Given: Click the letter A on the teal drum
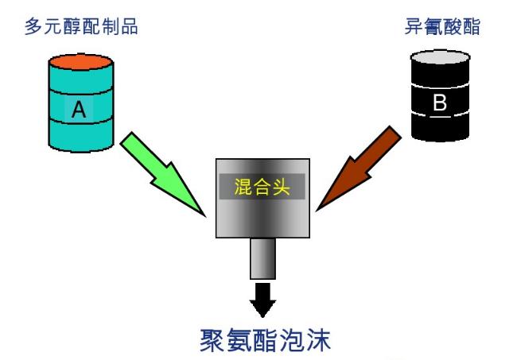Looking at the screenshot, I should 78,110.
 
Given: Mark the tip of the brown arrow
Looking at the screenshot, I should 317,211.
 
